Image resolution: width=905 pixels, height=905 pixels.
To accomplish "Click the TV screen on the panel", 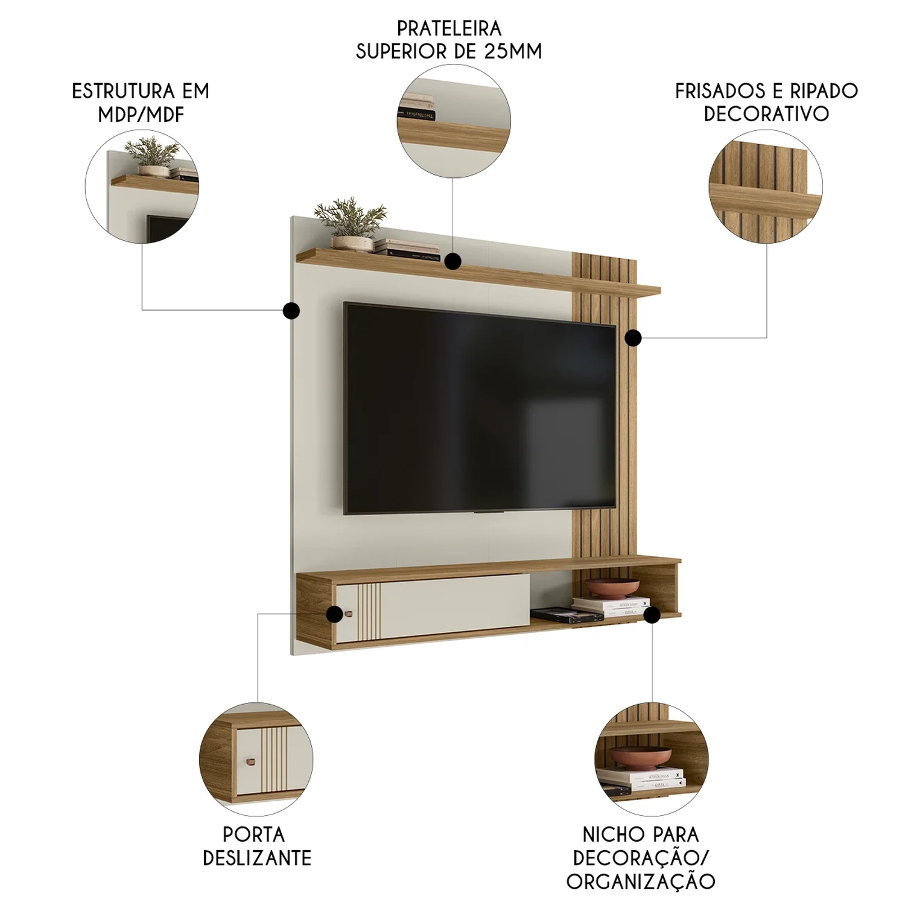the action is pos(480,408).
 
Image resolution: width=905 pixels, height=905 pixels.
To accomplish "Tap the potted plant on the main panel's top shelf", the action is pos(350,224).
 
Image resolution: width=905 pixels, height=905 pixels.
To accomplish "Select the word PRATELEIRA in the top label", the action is pos(449,28).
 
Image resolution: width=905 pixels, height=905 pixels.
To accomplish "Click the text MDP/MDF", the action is pos(141,114).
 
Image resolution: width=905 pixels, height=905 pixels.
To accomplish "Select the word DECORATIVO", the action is pos(766,114).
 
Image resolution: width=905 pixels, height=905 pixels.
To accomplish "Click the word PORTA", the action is pos(253,834).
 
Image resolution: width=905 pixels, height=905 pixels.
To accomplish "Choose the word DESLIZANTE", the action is pos(257,857).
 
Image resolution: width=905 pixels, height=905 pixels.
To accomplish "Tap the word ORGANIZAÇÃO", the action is pos(641,880).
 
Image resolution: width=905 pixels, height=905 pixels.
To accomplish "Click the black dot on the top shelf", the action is pos(453,261).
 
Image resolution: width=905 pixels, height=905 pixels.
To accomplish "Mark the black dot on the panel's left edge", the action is pos(291,311).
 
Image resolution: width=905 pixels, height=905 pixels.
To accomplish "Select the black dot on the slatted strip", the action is pos(633,338).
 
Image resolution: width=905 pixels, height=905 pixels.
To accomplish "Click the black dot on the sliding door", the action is pos(334,614).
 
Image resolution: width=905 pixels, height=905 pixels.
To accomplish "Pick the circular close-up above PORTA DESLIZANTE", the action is pos(256,759).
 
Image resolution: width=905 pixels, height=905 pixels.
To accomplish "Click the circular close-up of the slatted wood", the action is pos(766,186).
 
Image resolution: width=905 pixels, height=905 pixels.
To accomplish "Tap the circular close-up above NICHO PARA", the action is pos(652,759).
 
